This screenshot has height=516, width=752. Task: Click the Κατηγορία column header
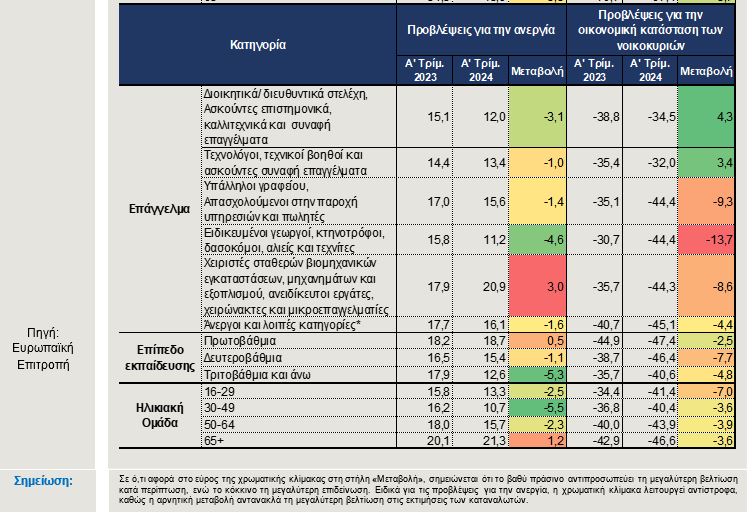point(258,45)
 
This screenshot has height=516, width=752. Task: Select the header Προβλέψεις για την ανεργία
point(481,30)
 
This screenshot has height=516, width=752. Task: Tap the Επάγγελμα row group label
point(159,209)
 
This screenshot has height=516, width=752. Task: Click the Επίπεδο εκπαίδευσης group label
point(160,357)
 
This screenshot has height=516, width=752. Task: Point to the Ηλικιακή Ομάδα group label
point(160,415)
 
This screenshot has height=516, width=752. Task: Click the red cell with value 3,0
point(537,286)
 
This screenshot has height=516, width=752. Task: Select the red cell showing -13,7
point(706,240)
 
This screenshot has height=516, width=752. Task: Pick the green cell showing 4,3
point(706,117)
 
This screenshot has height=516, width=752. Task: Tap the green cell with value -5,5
point(537,408)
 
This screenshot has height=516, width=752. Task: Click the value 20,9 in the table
point(494,287)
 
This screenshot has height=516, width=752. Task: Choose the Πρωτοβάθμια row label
point(240,341)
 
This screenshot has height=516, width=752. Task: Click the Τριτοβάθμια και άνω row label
point(257,375)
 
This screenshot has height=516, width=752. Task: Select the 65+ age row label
point(214,440)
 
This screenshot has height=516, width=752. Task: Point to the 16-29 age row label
point(219,392)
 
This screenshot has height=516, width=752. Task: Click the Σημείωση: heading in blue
point(43,481)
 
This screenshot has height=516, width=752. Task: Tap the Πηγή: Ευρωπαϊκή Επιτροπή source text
point(43,349)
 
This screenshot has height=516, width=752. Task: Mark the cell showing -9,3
point(706,201)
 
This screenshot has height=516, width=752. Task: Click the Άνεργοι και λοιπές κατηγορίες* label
point(282,325)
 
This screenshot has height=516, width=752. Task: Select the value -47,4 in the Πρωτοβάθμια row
point(662,341)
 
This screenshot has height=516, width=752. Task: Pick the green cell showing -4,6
point(537,240)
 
